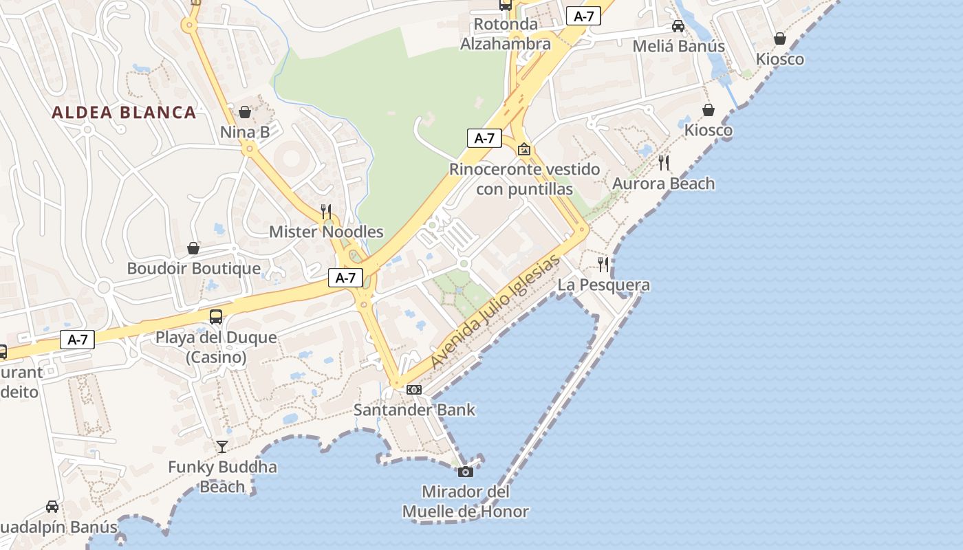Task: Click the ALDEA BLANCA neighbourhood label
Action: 124,113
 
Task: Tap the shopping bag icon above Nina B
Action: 245,112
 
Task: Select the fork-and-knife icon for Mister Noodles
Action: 326,211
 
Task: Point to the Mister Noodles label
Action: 326,232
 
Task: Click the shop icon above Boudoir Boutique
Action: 193,248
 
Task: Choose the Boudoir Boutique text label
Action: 193,269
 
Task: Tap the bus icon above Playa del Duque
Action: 216,317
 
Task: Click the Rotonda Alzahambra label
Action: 506,34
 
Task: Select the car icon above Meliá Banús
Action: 678,26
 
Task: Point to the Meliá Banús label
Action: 678,47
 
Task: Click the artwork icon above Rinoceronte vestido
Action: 524,148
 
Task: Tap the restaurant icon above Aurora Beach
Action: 664,163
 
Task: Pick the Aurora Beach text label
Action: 664,184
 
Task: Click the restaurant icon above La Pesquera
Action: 603,265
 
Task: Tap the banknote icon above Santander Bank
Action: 414,390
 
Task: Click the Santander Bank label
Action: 414,410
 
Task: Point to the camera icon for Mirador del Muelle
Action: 466,472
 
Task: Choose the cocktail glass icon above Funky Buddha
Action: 222,447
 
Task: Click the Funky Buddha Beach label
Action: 222,477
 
